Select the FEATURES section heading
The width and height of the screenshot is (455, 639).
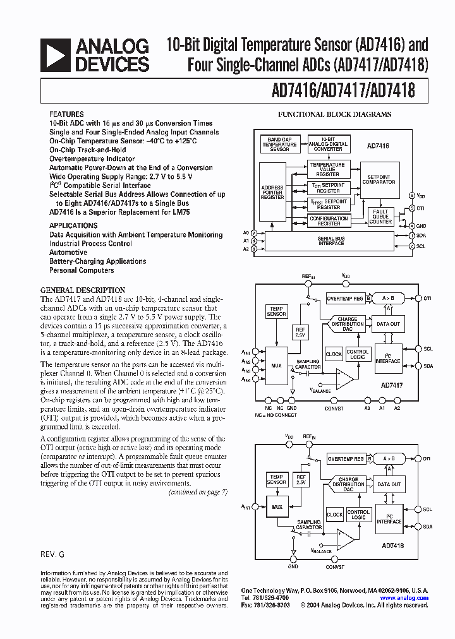click(66, 114)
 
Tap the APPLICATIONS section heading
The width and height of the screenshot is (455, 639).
click(73, 225)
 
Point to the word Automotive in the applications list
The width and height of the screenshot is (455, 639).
click(68, 253)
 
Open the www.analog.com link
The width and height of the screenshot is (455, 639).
click(404, 598)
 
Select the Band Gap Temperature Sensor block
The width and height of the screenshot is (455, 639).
click(279, 144)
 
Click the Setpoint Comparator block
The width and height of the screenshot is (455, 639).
click(379, 179)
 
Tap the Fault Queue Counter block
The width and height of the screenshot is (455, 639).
click(380, 217)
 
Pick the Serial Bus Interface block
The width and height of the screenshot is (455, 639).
click(331, 241)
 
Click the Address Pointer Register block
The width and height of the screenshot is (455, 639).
click(272, 192)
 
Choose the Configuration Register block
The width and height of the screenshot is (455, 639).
click(328, 220)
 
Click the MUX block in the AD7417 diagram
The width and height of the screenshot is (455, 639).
click(276, 364)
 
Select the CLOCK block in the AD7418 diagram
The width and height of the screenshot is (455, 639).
click(334, 515)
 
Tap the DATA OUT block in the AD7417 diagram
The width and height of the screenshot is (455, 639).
click(389, 324)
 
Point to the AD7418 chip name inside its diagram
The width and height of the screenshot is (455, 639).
click(394, 544)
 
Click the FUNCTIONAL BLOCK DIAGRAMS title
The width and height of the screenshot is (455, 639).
click(335, 114)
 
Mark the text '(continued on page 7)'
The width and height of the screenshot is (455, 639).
click(197, 491)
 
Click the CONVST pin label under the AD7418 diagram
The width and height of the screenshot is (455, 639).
click(335, 567)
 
